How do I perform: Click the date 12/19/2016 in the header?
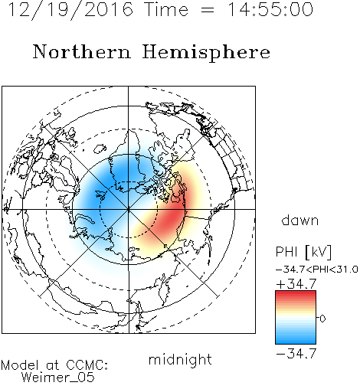(x=70, y=10)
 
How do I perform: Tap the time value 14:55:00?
(x=270, y=9)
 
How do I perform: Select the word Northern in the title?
(x=82, y=52)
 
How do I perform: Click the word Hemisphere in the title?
(x=206, y=53)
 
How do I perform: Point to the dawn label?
(x=300, y=220)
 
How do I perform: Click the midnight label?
(x=180, y=359)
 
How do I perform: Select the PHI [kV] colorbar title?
(x=303, y=252)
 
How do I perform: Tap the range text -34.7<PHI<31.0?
(x=316, y=270)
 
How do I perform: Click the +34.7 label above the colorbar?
(x=296, y=283)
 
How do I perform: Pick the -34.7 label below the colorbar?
(x=296, y=354)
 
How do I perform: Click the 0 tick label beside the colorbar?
(x=322, y=319)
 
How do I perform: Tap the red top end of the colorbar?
(x=296, y=293)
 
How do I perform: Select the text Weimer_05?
(x=58, y=378)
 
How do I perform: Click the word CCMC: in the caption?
(x=87, y=364)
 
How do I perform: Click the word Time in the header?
(x=166, y=10)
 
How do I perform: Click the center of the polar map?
(x=129, y=209)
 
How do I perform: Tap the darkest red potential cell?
(x=172, y=217)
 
